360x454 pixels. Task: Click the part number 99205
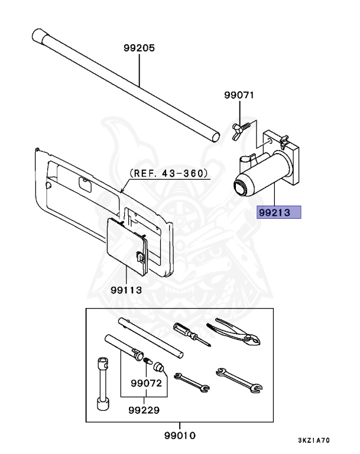click(140, 48)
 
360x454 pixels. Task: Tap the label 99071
click(239, 95)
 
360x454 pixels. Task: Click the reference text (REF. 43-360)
click(168, 174)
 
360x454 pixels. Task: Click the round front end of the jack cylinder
click(242, 187)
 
